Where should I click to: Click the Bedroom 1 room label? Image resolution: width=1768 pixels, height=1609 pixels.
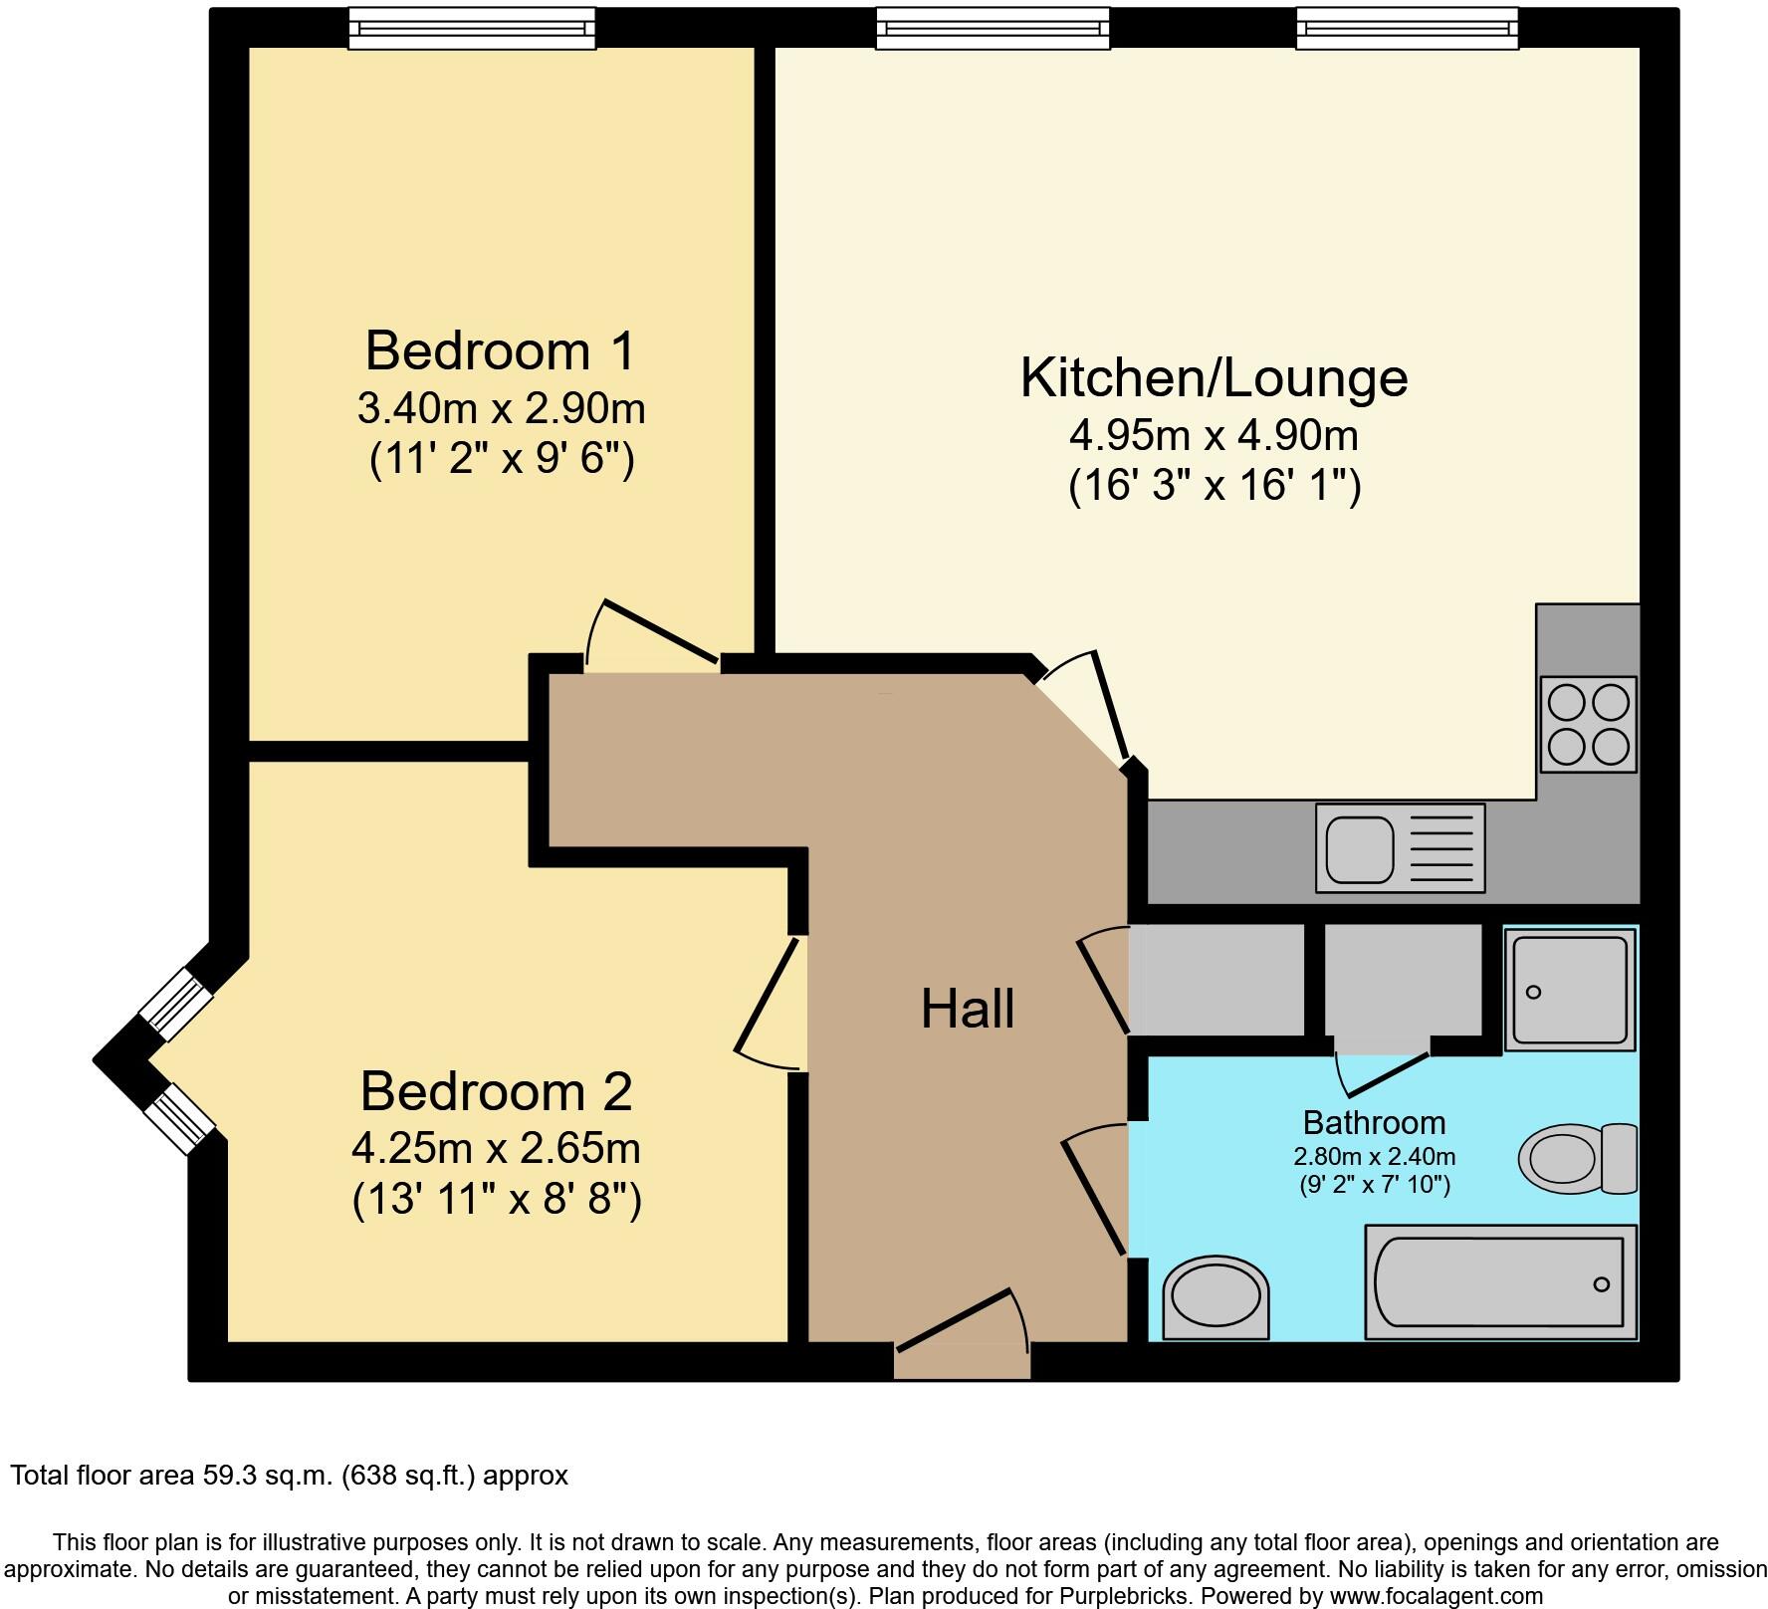click(500, 350)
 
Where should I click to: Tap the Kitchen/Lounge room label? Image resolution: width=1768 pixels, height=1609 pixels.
click(1214, 377)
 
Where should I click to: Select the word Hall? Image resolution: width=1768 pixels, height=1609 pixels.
click(967, 1009)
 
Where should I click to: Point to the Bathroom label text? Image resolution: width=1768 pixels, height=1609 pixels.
click(1374, 1122)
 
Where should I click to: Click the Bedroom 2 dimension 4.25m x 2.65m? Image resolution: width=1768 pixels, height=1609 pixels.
click(495, 1148)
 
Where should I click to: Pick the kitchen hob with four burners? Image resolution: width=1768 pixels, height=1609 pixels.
click(1588, 724)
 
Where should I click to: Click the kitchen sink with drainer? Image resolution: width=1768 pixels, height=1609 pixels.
click(1400, 847)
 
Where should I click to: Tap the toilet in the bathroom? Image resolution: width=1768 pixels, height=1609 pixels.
click(1577, 1158)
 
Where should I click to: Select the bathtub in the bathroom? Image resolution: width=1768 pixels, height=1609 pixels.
click(1500, 1282)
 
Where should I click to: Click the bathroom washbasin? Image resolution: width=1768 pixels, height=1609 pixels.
click(1215, 1297)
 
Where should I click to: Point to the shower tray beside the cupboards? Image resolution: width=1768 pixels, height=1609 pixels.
click(1569, 989)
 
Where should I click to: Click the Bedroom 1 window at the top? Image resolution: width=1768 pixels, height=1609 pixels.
click(472, 28)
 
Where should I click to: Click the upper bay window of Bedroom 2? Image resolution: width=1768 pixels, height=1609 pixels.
click(175, 997)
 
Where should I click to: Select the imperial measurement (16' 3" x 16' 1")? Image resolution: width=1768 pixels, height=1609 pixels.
click(1214, 487)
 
